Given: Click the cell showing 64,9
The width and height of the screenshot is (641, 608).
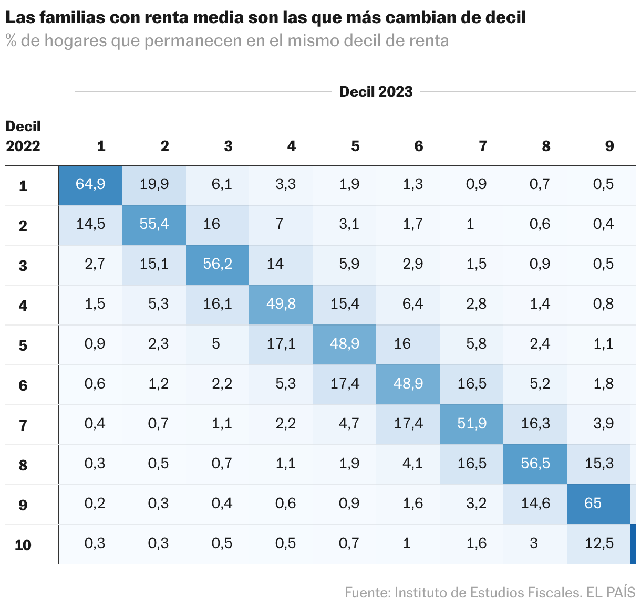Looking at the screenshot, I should coord(90,184).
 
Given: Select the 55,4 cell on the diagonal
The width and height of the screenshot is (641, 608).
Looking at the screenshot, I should coord(154,224).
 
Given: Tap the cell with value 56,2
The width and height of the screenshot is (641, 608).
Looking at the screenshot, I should coord(218,264).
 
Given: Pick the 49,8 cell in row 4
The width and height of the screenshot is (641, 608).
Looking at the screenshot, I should coord(281,304).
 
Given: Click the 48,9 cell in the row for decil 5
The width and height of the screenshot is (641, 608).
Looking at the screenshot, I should coord(345,344).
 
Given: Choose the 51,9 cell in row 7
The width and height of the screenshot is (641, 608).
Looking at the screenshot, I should coord(472,424).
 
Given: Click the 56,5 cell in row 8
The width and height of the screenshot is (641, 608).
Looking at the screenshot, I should coord(535,464).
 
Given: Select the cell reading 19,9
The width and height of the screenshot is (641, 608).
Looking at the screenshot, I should coord(154,184).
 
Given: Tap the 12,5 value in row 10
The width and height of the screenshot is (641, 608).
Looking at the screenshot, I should coord(599,543).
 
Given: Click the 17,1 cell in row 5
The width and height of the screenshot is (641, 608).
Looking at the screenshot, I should coord(281,344).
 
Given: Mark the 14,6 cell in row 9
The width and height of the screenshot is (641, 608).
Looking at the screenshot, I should coord(535,504).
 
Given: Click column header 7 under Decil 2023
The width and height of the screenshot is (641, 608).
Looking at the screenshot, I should coord(482,146).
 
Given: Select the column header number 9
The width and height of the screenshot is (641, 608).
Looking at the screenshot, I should coord(609,146).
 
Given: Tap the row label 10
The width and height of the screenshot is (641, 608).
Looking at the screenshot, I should coord(23,545).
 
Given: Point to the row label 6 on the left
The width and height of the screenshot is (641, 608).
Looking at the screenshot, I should coord(23,385).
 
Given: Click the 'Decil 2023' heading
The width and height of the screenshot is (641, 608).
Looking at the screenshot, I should coord(376,92).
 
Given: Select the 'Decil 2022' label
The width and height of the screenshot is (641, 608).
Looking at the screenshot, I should coord(23,136).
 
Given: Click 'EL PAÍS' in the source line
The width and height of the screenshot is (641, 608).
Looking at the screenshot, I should coord(611,593).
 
